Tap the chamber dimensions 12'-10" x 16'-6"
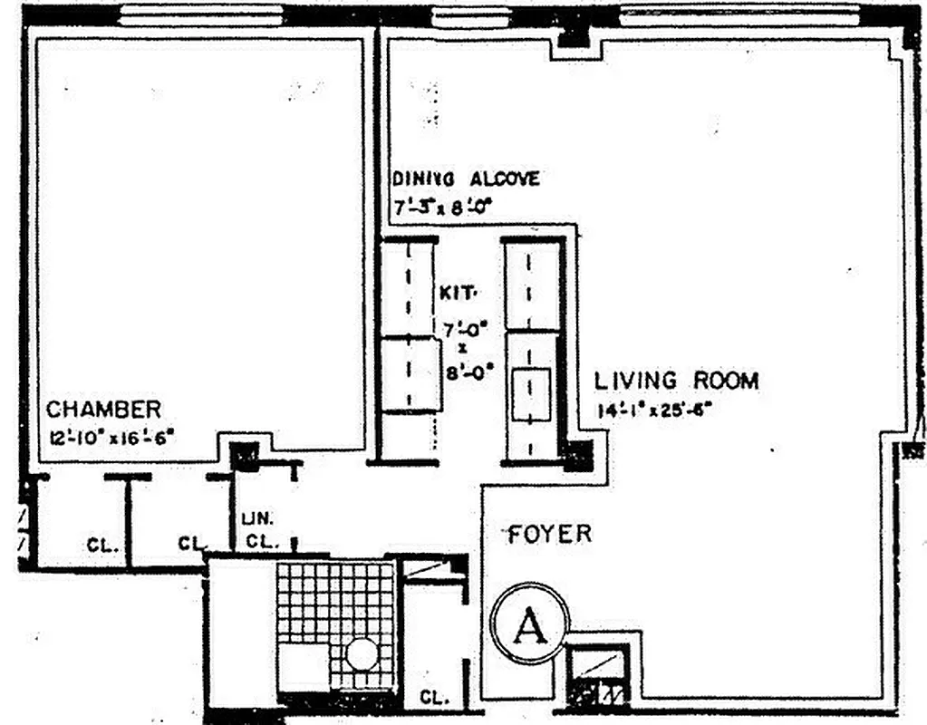pyautogui.click(x=111, y=438)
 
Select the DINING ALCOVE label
pyautogui.click(x=466, y=179)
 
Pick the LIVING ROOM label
pyautogui.click(x=676, y=380)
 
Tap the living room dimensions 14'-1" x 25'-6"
pyautogui.click(x=654, y=410)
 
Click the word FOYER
pyautogui.click(x=549, y=533)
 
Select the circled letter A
pyautogui.click(x=529, y=626)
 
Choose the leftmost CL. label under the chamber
pyautogui.click(x=101, y=546)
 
